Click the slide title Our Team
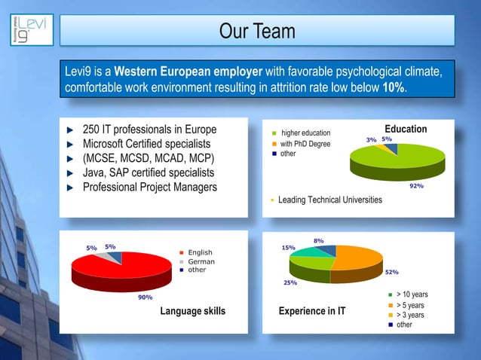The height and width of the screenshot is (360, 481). tap(257, 32)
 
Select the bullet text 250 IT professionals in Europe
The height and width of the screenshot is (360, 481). tap(149, 129)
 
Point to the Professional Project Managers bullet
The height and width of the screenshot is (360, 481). tap(149, 187)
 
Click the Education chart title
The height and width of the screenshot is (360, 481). tap(406, 129)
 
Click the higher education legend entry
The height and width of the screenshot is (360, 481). tap(305, 133)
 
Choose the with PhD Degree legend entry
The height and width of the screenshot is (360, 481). tap(305, 144)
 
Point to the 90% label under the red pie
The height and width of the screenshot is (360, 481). tap(124, 297)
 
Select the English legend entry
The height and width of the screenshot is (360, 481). tap(201, 252)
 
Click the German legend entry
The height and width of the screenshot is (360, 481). tap(201, 261)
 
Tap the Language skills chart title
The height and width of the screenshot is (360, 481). tap(192, 310)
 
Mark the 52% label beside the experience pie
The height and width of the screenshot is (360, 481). tap(392, 273)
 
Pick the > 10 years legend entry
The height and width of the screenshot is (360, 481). tap(412, 294)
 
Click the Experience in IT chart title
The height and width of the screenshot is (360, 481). tap(311, 310)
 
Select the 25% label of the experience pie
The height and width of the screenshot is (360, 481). tap(290, 282)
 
